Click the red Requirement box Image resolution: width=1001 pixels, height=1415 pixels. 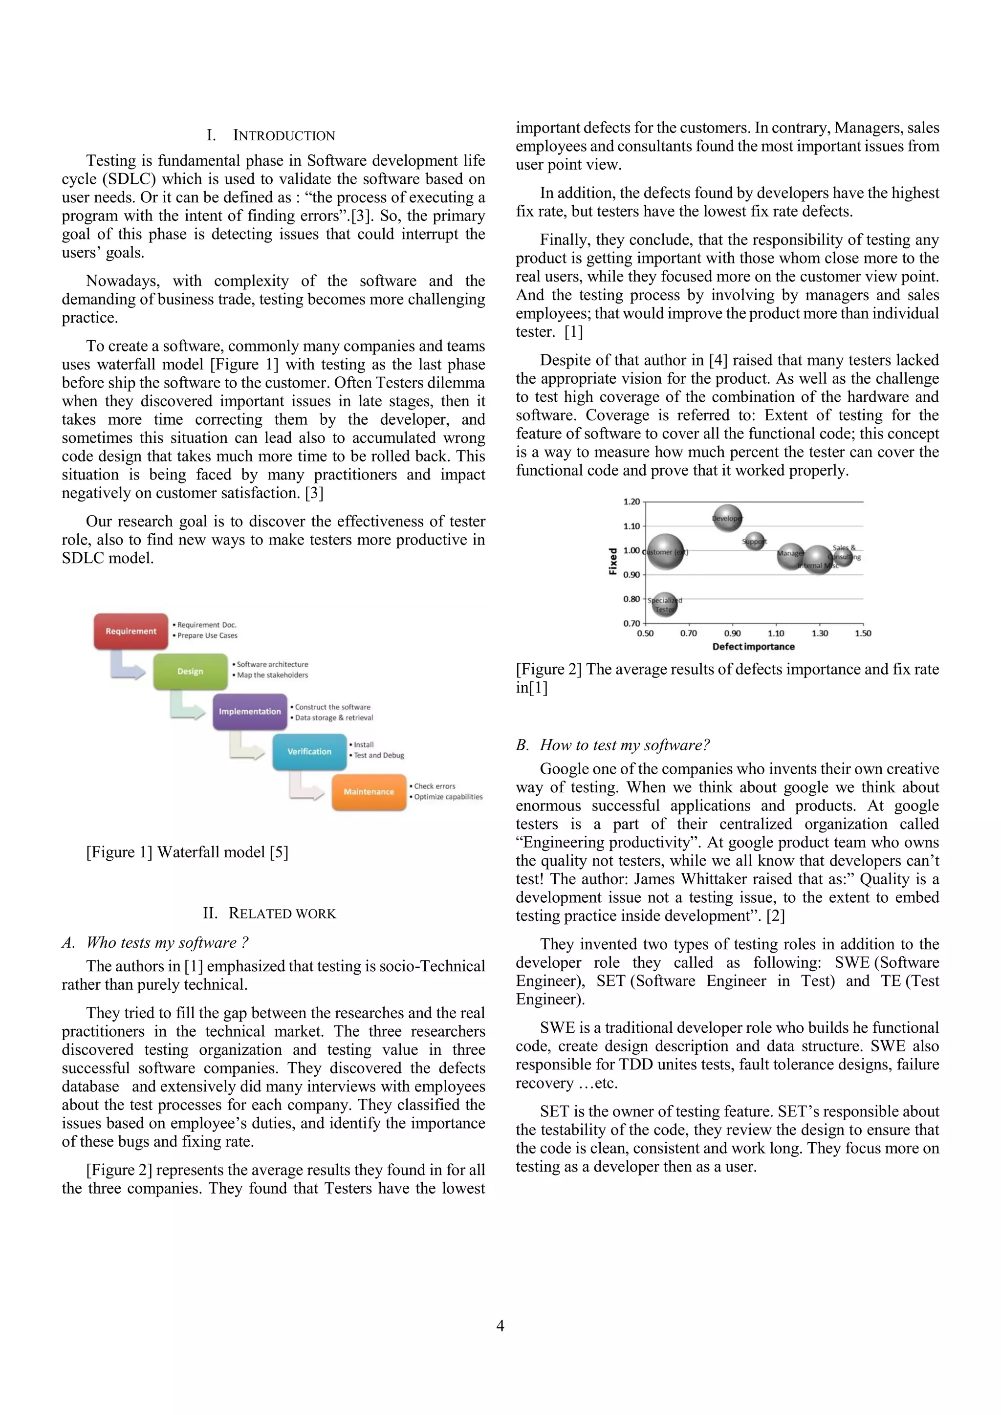point(131,631)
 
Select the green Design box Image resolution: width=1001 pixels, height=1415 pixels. point(190,671)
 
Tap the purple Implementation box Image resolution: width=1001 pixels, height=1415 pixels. point(250,711)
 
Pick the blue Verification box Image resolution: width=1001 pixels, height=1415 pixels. point(309,751)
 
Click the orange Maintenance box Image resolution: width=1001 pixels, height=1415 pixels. point(369,791)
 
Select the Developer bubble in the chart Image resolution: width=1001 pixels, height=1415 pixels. point(727,518)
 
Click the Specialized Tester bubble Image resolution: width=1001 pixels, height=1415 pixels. point(664,605)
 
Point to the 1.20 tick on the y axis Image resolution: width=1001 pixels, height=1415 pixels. point(632,501)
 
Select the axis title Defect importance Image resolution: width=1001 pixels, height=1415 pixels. point(753,647)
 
